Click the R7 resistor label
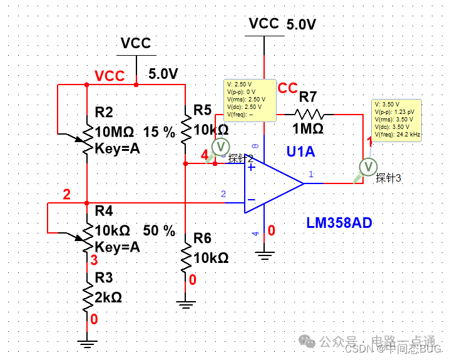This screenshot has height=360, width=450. pyautogui.click(x=308, y=97)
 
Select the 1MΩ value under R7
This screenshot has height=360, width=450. pyautogui.click(x=307, y=128)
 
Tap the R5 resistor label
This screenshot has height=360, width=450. pyautogui.click(x=202, y=110)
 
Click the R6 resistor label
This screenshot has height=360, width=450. pyautogui.click(x=202, y=238)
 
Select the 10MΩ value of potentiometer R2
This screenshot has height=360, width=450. pyautogui.click(x=115, y=132)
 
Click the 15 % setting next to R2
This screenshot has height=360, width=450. pyautogui.click(x=160, y=132)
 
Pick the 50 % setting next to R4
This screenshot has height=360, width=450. pyautogui.click(x=160, y=230)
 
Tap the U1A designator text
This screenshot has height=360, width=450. pyautogui.click(x=301, y=151)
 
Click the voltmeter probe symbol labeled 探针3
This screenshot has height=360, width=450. pyautogui.click(x=368, y=167)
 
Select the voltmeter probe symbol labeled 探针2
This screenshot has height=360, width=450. pyautogui.click(x=220, y=145)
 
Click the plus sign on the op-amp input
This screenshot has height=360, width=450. pyautogui.click(x=251, y=167)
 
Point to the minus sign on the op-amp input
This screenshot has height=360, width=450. pyautogui.click(x=251, y=200)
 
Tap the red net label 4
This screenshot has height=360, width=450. pyautogui.click(x=204, y=155)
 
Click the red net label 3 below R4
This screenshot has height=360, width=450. pyautogui.click(x=95, y=260)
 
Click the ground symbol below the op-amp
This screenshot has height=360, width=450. pyautogui.click(x=265, y=254)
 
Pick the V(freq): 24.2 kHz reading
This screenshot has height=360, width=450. pyautogui.click(x=397, y=135)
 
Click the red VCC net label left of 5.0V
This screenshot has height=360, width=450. pyautogui.click(x=110, y=76)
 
